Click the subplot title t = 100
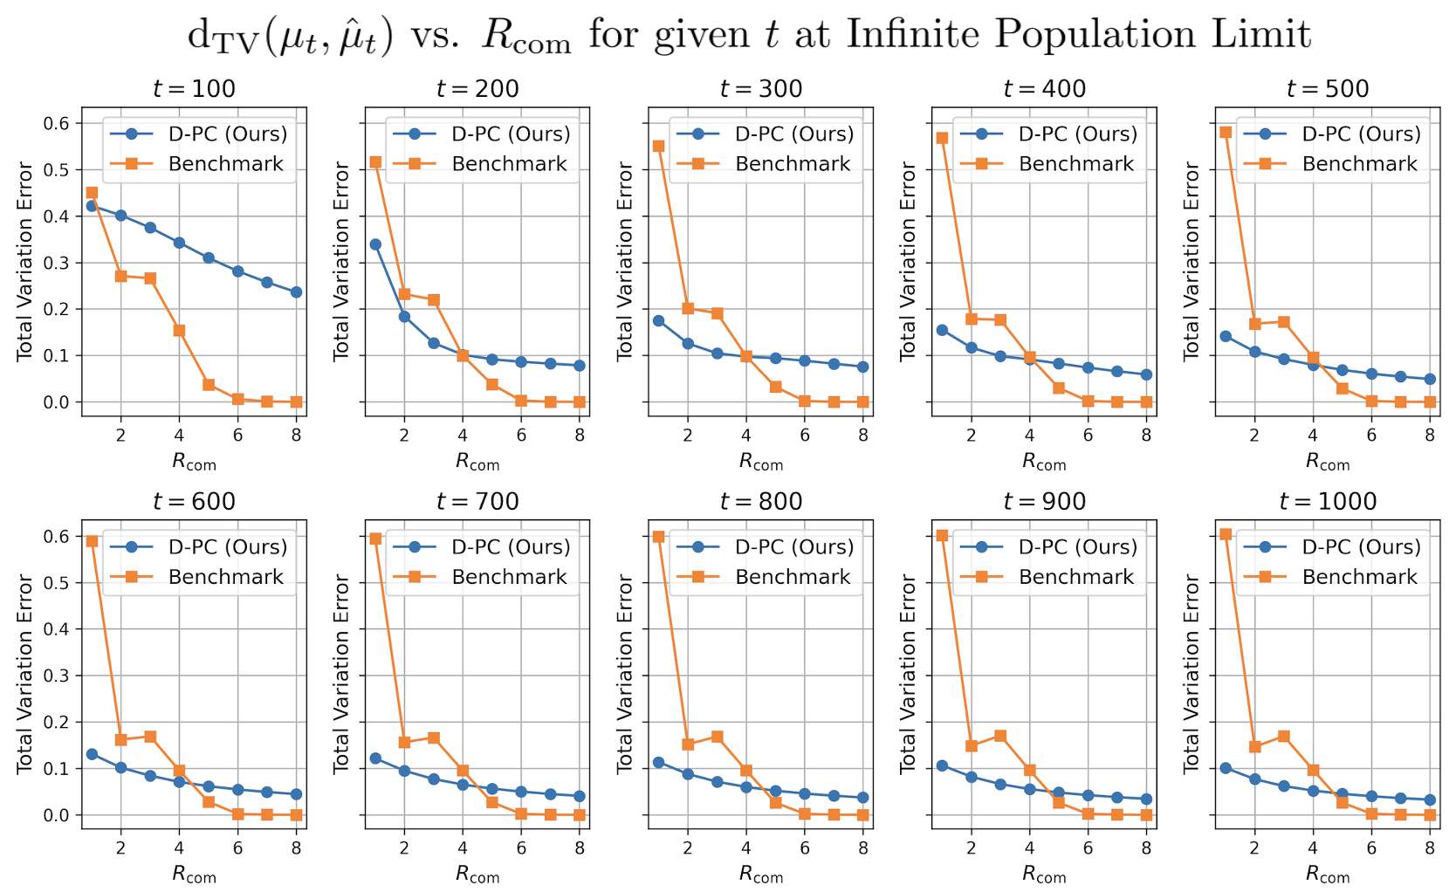pyautogui.click(x=194, y=89)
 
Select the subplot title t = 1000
pyautogui.click(x=1328, y=502)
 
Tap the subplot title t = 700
pyautogui.click(x=477, y=502)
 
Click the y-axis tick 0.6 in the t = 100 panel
pyautogui.click(x=57, y=123)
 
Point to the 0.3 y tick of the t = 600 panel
pyautogui.click(x=57, y=676)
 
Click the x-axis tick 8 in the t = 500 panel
pyautogui.click(x=1430, y=435)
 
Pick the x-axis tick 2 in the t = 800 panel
pyautogui.click(x=688, y=847)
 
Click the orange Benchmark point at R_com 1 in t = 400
pyautogui.click(x=942, y=138)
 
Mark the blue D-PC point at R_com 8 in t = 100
pyautogui.click(x=296, y=292)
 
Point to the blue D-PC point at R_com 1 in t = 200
pyautogui.click(x=375, y=244)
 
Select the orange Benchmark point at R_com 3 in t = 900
pyautogui.click(x=1000, y=736)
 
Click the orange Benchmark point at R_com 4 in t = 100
pyautogui.click(x=179, y=331)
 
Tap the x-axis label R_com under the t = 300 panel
pyautogui.click(x=761, y=463)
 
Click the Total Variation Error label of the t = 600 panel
pyautogui.click(x=25, y=674)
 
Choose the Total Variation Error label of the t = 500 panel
pyautogui.click(x=1191, y=261)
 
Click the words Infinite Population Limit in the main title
pyautogui.click(x=1078, y=35)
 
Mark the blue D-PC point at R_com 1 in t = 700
pyautogui.click(x=375, y=758)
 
